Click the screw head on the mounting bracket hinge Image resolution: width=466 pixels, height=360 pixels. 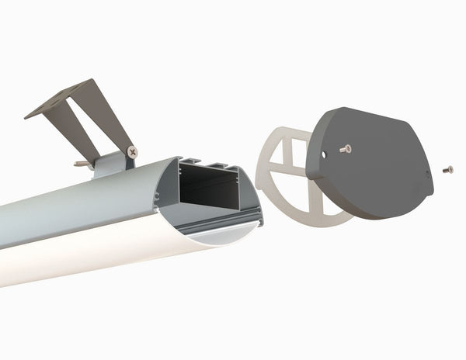click(132, 152)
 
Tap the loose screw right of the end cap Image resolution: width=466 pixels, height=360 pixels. click(447, 169)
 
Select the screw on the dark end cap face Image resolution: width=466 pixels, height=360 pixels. click(346, 148)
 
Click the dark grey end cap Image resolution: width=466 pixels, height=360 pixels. click(373, 171)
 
